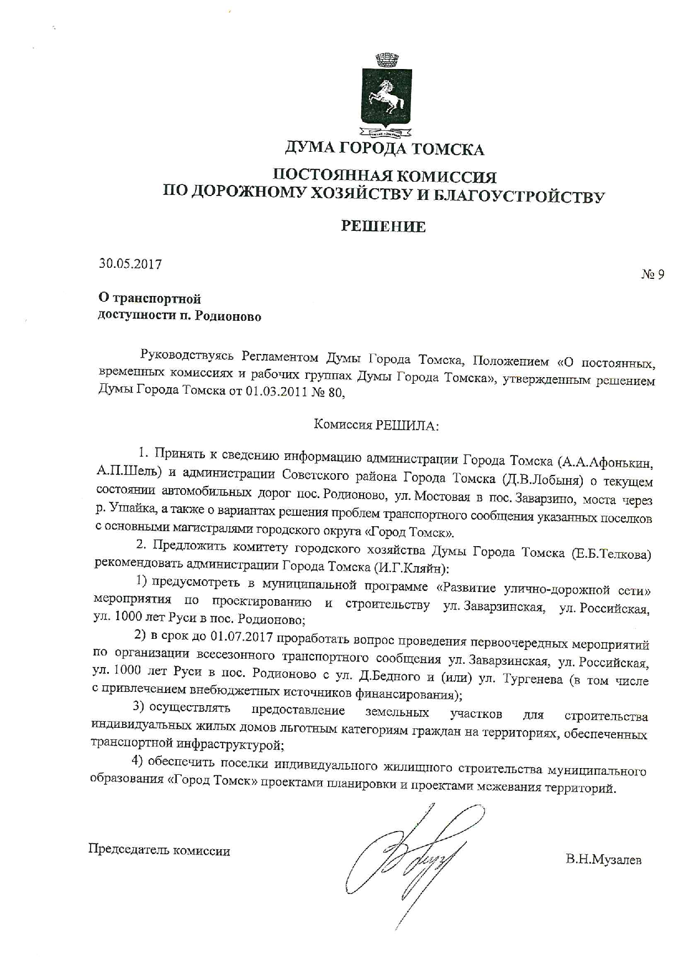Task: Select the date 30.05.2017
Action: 130,264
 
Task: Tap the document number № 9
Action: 652,274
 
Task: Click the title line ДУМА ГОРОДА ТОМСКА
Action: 384,149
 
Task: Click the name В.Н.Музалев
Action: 603,859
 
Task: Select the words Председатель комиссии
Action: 160,850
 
